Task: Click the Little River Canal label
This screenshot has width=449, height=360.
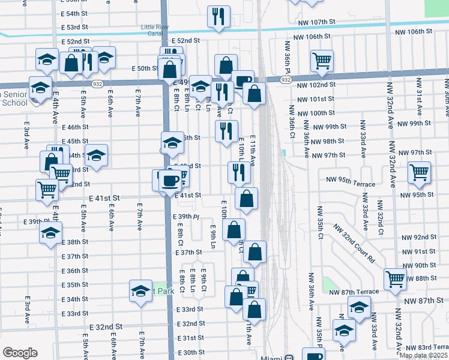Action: pos(155,30)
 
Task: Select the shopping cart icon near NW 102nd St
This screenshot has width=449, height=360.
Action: pos(322,61)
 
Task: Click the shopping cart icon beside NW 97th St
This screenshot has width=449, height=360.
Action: pos(419,173)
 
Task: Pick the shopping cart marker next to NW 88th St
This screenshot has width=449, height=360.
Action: pos(395,278)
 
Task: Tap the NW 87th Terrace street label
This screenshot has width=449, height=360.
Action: pos(354,292)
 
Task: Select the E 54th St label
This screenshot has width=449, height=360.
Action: pos(75,13)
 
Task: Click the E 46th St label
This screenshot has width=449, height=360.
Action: pos(75,127)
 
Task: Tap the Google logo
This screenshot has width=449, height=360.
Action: pos(20,353)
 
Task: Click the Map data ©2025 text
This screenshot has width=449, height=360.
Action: pos(424,355)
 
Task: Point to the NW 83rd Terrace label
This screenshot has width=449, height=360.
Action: pos(427,347)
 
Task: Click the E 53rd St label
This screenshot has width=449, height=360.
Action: pos(75,27)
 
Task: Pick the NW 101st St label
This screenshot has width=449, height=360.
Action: pos(315,99)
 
